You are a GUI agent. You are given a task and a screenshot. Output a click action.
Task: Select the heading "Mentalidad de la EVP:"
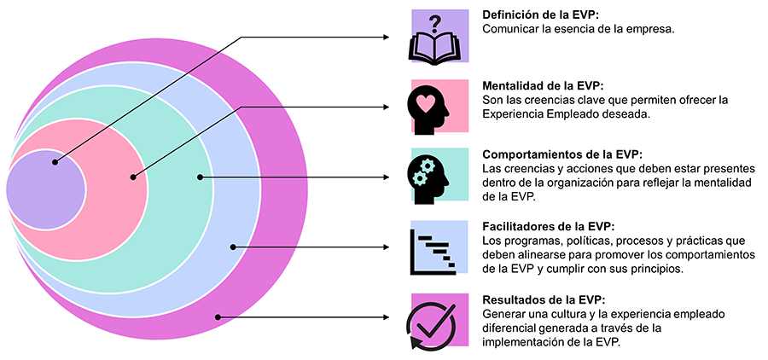click(x=543, y=85)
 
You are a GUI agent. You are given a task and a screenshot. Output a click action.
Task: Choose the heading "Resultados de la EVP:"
click(x=544, y=299)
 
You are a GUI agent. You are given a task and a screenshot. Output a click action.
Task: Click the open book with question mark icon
click(x=439, y=38)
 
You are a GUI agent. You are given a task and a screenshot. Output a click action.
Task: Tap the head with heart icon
click(x=439, y=107)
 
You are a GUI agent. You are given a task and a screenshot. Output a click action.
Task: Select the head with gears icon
click(x=439, y=176)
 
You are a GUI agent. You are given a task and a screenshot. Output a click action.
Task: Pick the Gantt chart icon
click(x=439, y=248)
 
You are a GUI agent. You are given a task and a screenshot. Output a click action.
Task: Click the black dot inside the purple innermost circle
click(x=55, y=162)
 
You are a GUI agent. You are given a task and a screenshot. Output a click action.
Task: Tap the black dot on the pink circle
click(x=133, y=177)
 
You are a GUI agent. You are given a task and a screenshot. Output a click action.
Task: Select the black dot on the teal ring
click(x=200, y=177)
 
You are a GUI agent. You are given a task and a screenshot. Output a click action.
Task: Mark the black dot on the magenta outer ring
click(x=218, y=318)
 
